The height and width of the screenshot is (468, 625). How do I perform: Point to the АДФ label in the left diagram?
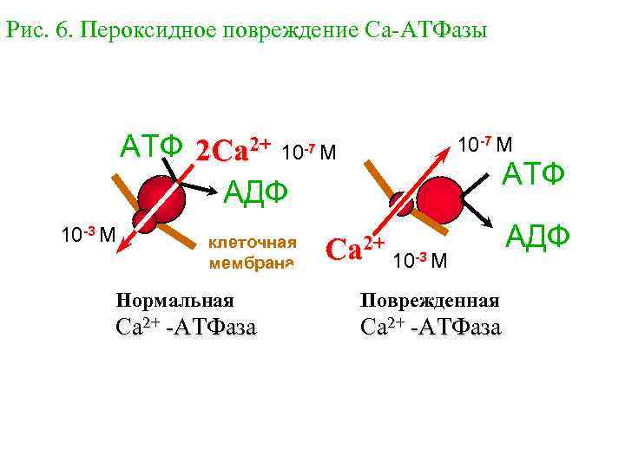coord(256,189)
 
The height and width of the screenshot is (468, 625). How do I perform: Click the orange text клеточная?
coord(252,242)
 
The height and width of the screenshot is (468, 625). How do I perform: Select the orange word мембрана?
coord(252,261)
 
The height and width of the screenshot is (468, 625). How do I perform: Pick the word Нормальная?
coord(175,301)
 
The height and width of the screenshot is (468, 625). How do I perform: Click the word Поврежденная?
coord(430,301)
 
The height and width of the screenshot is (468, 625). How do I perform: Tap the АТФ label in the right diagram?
coord(535,175)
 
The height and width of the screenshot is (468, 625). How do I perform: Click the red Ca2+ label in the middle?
coord(354,250)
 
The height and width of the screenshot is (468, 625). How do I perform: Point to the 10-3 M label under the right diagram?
coord(420,260)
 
